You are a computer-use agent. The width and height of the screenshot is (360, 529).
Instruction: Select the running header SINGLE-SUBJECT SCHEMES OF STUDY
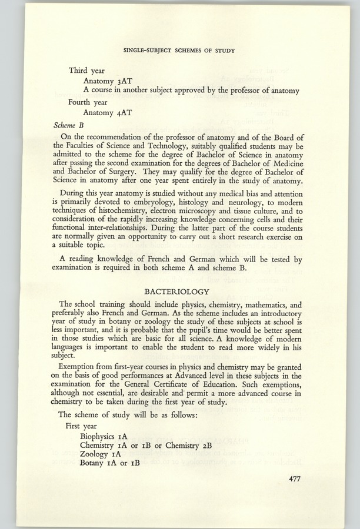point(180,51)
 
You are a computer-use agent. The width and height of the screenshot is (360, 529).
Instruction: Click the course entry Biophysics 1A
point(108,437)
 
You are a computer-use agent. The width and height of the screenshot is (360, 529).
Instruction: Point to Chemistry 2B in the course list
point(192,446)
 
